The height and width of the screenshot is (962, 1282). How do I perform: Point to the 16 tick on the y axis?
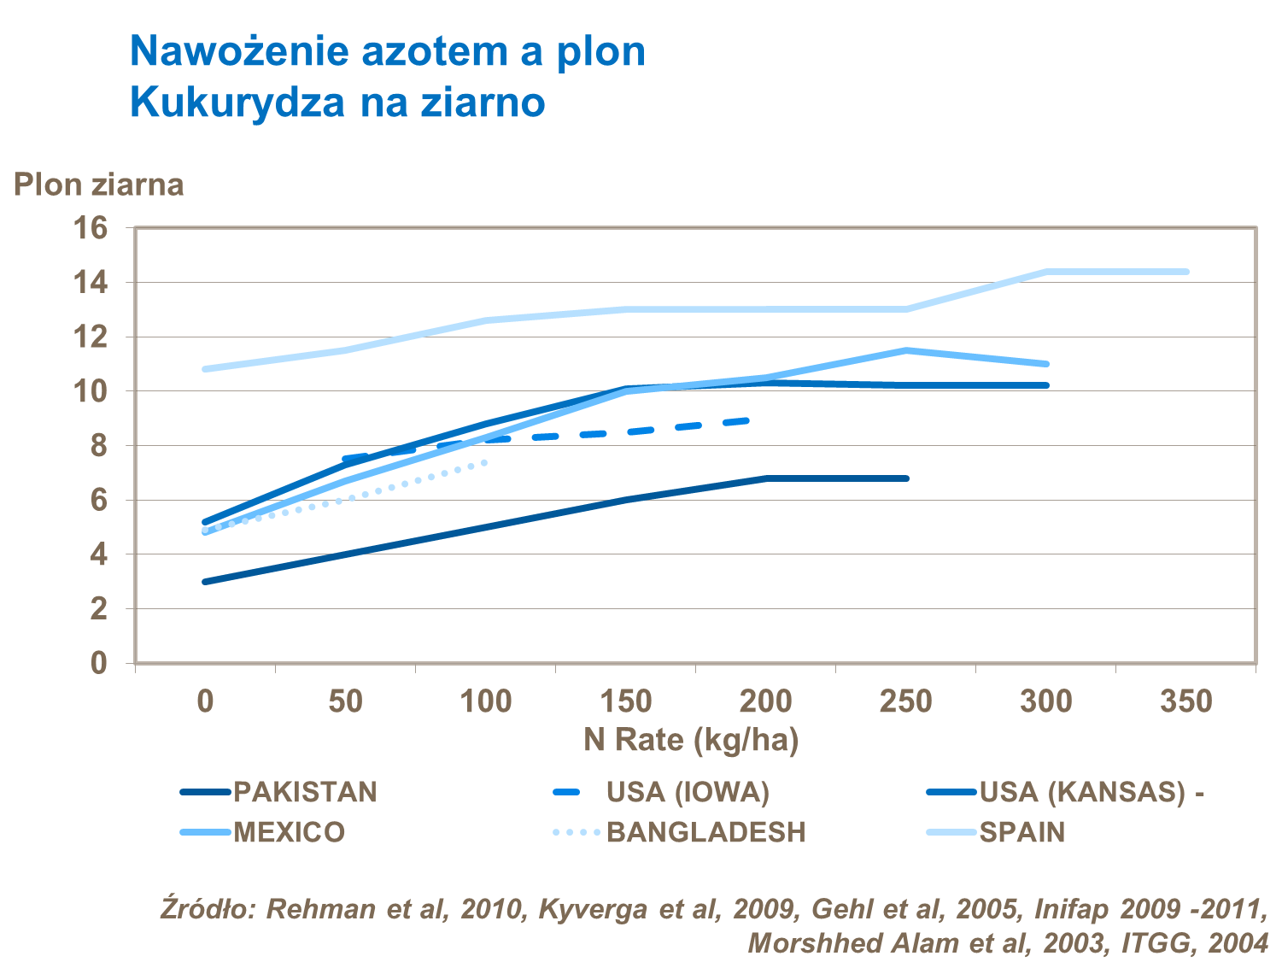click(x=91, y=228)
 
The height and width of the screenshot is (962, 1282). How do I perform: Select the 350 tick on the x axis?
click(x=1185, y=702)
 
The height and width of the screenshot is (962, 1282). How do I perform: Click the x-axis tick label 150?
click(x=626, y=702)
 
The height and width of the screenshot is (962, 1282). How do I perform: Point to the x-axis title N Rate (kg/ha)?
click(x=691, y=740)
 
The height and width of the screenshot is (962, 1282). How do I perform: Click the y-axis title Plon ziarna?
click(x=98, y=185)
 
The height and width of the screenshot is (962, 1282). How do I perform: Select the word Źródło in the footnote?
click(x=208, y=907)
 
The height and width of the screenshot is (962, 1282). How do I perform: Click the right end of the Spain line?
click(x=1186, y=272)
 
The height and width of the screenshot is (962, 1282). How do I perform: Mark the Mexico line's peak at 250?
click(x=906, y=350)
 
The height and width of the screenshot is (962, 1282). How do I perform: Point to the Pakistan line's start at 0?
click(x=205, y=582)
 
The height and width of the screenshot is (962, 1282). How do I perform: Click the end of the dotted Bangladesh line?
click(x=485, y=462)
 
